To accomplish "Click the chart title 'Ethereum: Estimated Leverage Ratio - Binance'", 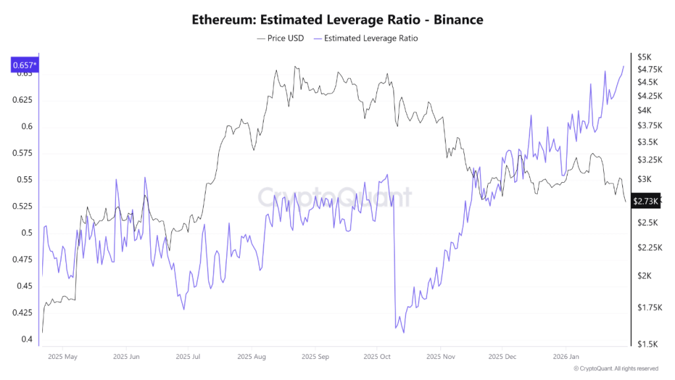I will (x=337, y=20).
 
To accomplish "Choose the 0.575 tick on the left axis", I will (x=23, y=153).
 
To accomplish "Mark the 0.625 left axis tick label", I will (x=23, y=100).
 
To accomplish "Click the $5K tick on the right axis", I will (x=643, y=56).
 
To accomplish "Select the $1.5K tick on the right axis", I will (x=646, y=344).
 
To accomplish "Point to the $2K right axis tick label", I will (x=643, y=276).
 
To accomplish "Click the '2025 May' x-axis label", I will (x=63, y=357).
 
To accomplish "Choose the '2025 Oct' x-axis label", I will (x=376, y=357).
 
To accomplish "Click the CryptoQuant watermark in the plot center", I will (x=334, y=197).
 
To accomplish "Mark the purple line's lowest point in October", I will (x=403, y=333).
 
